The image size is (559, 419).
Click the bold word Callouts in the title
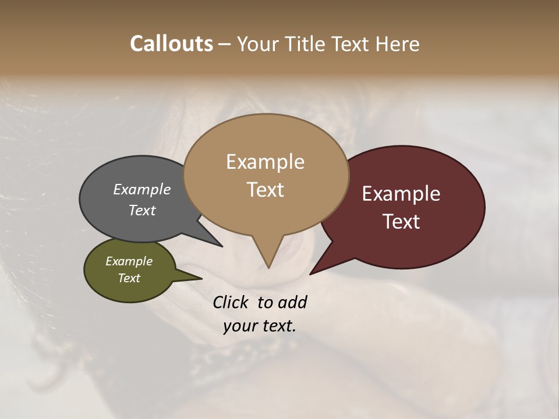(x=171, y=44)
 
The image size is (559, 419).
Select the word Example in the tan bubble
(x=265, y=162)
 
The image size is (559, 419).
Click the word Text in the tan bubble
(x=265, y=190)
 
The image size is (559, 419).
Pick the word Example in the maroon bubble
(x=401, y=194)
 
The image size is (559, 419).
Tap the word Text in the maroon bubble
(x=401, y=222)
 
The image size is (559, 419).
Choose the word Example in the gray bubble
(x=142, y=189)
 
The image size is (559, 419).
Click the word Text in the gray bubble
(x=142, y=210)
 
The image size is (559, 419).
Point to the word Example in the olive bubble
(x=129, y=261)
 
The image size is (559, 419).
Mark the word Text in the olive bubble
(x=129, y=278)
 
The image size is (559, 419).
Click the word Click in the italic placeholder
(x=232, y=302)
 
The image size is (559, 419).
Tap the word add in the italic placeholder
(x=292, y=302)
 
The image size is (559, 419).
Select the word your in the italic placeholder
(x=236, y=326)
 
